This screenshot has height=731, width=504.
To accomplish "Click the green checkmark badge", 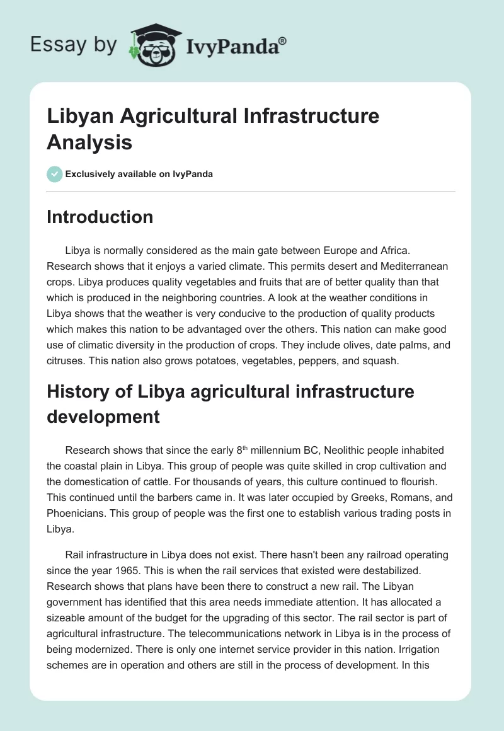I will [55, 174].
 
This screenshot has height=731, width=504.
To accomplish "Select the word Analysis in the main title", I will [89, 142].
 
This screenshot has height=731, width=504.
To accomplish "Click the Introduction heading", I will [100, 217].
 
